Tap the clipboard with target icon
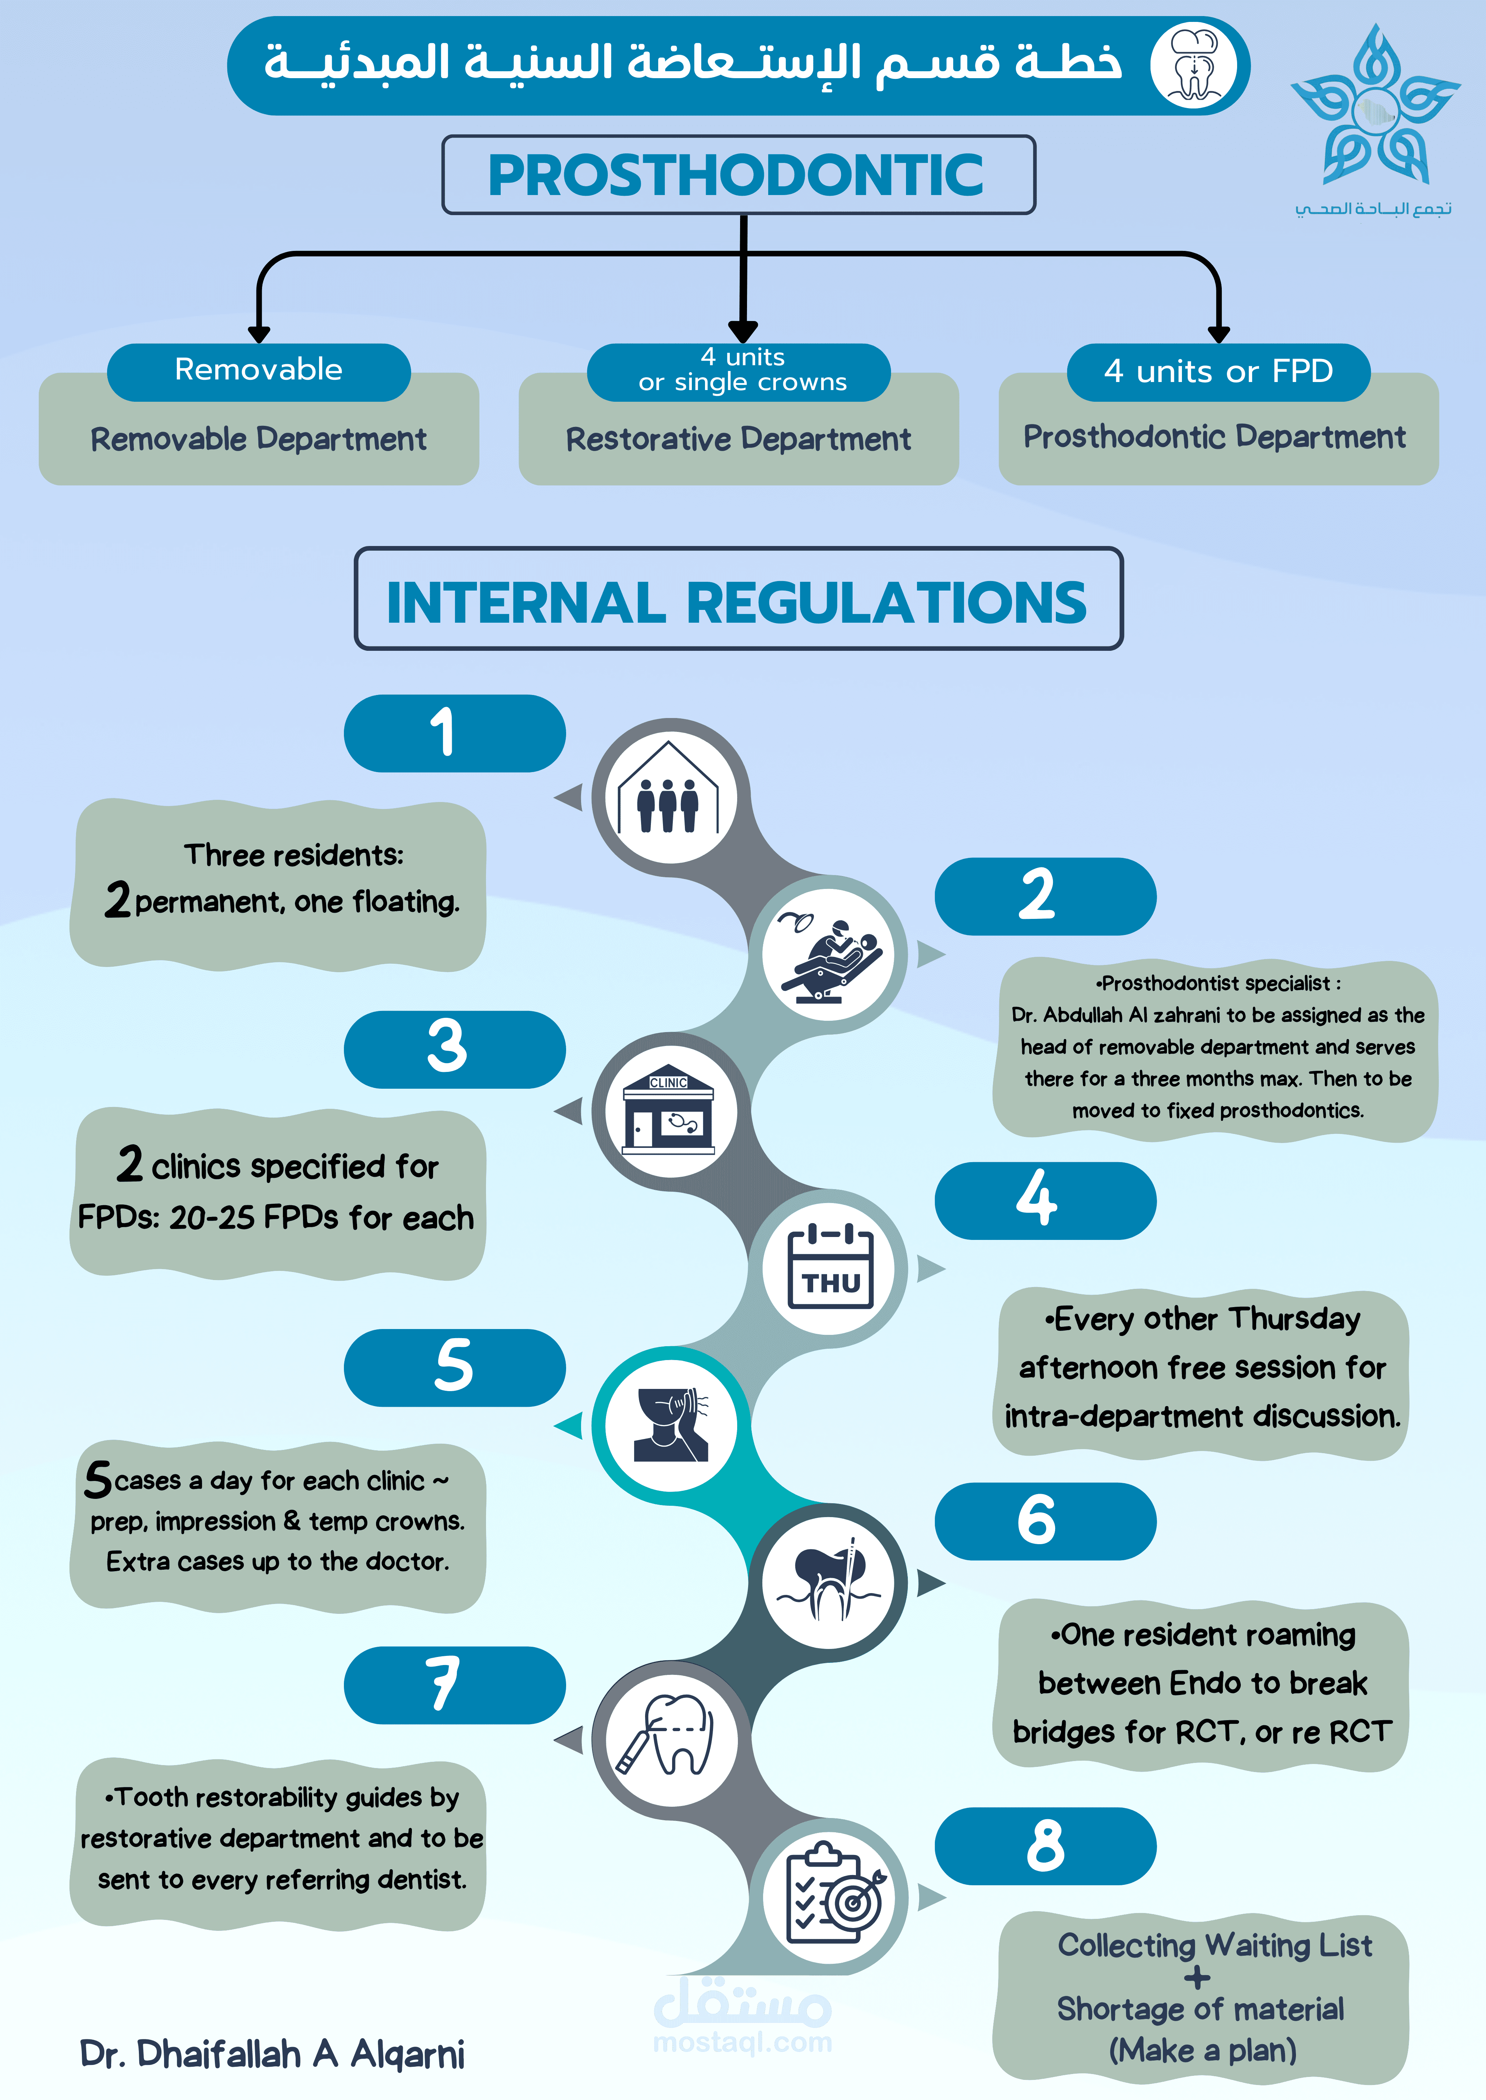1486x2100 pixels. click(x=831, y=1895)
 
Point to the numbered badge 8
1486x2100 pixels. click(x=1045, y=1846)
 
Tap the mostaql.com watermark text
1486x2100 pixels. click(x=742, y=2042)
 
